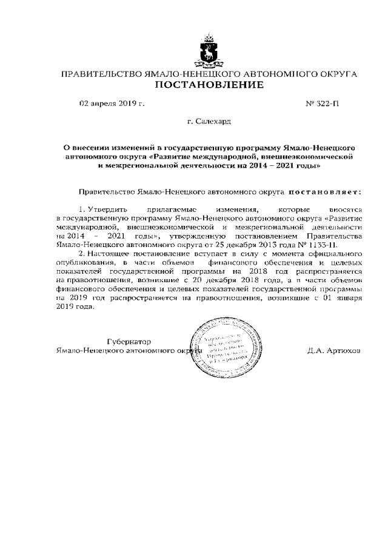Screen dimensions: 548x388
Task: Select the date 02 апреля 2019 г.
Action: tap(112, 104)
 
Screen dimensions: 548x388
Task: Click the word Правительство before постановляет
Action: tap(107, 192)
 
